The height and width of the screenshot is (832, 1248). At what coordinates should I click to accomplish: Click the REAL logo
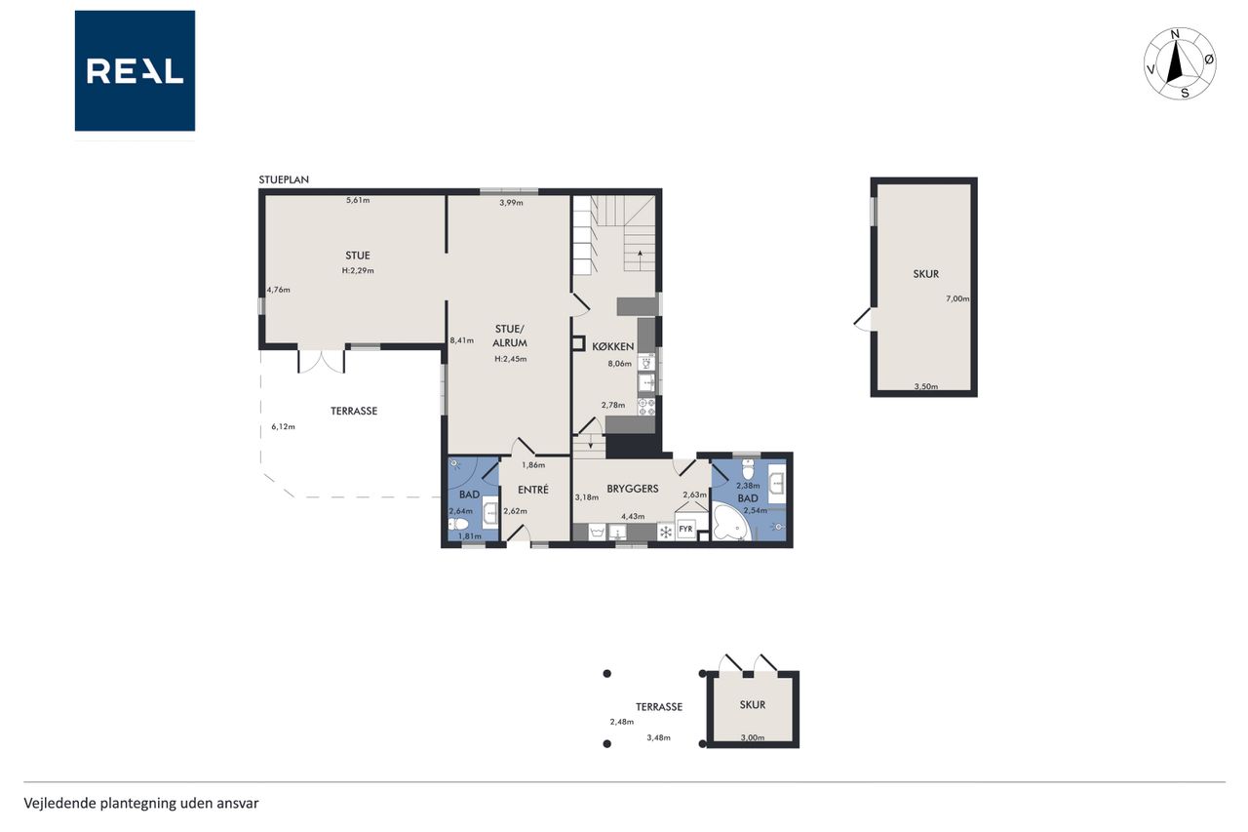135,71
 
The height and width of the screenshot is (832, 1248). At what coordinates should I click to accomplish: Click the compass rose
1180,63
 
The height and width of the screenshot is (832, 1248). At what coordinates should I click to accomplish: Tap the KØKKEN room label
613,346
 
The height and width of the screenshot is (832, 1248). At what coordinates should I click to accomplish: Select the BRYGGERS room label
633,489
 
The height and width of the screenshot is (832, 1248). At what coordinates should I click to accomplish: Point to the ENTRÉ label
533,490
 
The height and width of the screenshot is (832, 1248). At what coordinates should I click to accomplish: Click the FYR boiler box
685,530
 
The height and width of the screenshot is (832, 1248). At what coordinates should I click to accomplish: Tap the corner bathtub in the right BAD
731,522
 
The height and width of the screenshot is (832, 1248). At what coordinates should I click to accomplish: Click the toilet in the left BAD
458,525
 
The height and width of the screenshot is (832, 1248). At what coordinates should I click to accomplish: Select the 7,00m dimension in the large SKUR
957,298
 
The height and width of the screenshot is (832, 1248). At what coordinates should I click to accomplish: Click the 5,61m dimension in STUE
358,200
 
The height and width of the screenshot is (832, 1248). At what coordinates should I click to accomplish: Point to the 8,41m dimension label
462,340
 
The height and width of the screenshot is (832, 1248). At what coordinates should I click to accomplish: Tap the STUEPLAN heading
284,179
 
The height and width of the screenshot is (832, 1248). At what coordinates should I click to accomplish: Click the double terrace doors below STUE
322,361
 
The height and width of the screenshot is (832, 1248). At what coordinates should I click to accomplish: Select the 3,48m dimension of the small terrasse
658,737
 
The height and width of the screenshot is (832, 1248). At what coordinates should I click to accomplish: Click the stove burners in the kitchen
646,407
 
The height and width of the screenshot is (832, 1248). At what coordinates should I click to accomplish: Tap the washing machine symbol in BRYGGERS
597,533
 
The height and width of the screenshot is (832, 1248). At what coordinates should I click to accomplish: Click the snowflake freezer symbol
665,533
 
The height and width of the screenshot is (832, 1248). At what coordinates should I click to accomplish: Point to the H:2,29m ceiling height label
358,271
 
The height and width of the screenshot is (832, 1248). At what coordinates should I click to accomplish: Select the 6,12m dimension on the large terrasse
283,427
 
